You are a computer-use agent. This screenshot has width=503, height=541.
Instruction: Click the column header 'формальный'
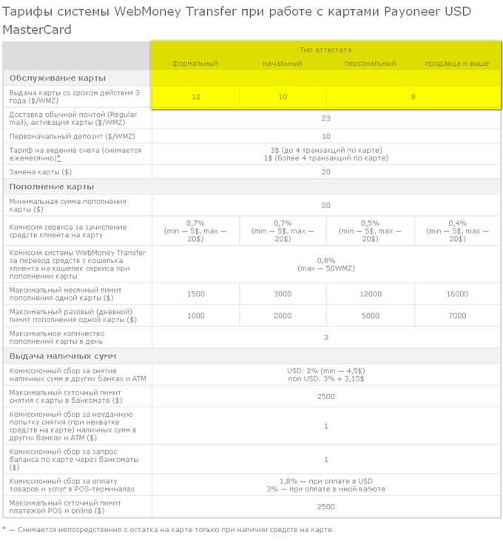195,64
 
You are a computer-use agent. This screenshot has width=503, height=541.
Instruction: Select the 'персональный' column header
370,64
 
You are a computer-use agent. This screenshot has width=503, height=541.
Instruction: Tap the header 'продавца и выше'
456,64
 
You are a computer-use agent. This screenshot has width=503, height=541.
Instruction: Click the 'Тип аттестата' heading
325,50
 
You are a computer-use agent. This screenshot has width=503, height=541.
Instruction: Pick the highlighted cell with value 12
195,97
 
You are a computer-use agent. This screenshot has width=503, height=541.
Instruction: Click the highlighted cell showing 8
413,97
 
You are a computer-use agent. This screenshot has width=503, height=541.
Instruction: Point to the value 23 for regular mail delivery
325,118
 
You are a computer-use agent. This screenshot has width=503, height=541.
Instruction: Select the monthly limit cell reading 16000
457,294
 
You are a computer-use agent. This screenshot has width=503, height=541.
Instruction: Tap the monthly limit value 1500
195,294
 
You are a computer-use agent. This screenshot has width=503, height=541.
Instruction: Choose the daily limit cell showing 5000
370,316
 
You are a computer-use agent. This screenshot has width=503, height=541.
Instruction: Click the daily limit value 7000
457,316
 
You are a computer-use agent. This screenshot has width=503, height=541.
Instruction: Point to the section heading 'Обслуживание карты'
57,78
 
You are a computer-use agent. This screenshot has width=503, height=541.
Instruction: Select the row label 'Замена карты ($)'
41,171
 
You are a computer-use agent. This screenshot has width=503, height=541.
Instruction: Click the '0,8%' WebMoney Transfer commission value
325,260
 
